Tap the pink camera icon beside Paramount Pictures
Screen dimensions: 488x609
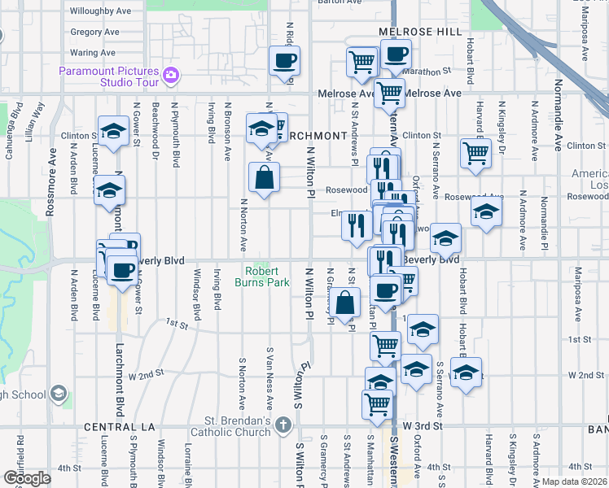[x=170, y=76]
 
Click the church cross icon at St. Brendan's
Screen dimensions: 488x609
[x=283, y=425]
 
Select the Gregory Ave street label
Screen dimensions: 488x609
[x=94, y=33]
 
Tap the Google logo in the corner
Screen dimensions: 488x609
[x=27, y=477]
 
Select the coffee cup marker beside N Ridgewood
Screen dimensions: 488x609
[x=284, y=61]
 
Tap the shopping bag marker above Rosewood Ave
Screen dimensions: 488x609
[x=265, y=177]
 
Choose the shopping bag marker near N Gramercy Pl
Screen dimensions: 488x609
[x=346, y=302]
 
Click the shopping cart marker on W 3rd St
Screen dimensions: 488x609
[x=377, y=403]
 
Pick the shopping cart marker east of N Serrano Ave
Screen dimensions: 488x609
[x=475, y=153]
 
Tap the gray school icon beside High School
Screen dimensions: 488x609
[x=58, y=394]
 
